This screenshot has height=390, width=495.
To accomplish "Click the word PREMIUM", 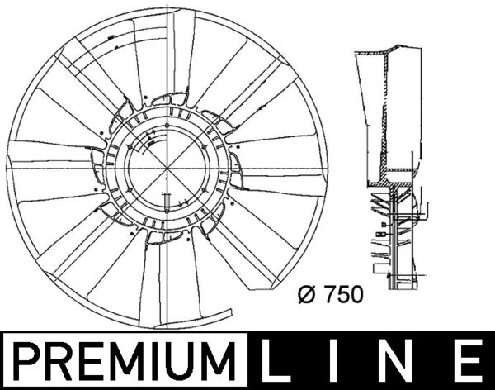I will [x=124, y=361].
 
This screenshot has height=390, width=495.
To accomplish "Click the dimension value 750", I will [x=342, y=293].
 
